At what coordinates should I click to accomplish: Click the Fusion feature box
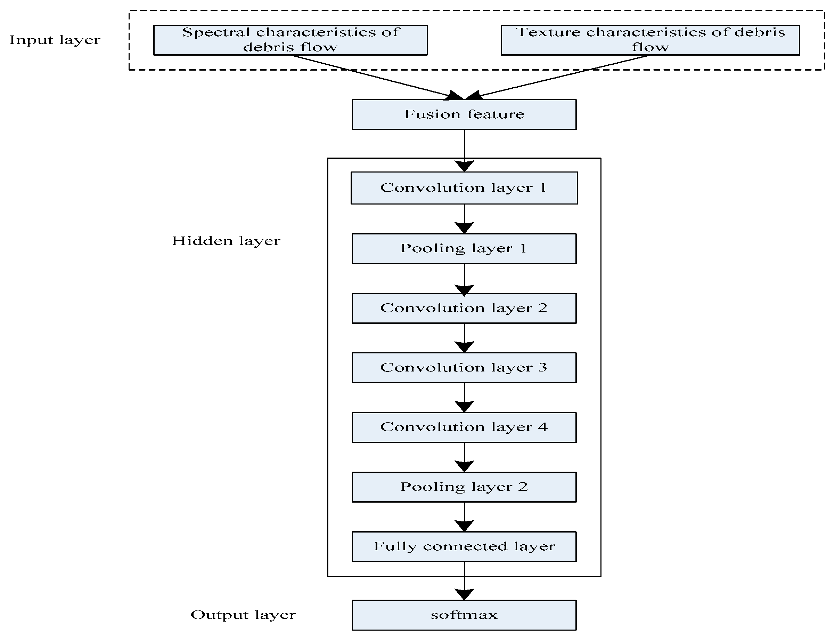(464, 115)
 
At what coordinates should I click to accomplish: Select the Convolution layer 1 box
(464, 188)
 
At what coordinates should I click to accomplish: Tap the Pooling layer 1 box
(464, 248)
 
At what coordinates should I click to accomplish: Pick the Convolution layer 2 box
(464, 308)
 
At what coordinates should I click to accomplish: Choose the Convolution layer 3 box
(464, 368)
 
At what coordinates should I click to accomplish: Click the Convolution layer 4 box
(464, 427)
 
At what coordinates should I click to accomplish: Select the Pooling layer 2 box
(464, 487)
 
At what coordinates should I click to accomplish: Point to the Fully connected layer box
(464, 547)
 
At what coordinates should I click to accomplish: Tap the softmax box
(464, 615)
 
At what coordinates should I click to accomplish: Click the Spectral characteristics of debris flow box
(290, 40)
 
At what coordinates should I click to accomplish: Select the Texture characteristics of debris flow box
(650, 40)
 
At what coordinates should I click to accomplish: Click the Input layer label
(55, 40)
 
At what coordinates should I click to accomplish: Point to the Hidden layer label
(226, 241)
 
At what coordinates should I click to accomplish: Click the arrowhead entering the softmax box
(464, 594)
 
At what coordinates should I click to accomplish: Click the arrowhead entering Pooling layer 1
(464, 227)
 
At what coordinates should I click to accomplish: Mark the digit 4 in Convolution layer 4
(543, 427)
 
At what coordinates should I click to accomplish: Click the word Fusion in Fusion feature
(427, 114)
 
